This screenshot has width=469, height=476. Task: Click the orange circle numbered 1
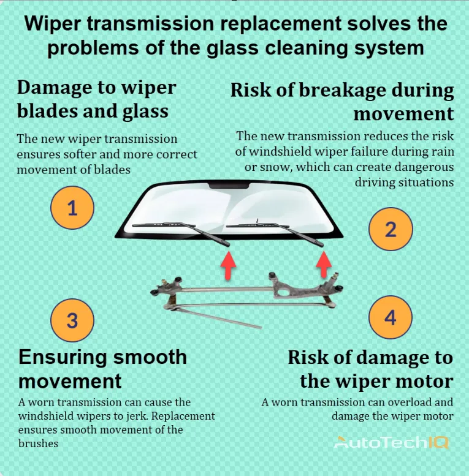72,208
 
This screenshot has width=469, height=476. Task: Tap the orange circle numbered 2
391,229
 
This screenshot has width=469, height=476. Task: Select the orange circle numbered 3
72,320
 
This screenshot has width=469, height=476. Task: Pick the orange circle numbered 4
391,317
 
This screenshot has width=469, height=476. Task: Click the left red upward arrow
229,265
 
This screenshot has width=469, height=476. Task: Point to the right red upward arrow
324,264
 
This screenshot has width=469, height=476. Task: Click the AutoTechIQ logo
391,442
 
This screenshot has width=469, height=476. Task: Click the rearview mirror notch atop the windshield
229,186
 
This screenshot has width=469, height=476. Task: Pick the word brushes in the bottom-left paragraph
38,444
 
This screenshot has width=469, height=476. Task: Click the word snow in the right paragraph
276,167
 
